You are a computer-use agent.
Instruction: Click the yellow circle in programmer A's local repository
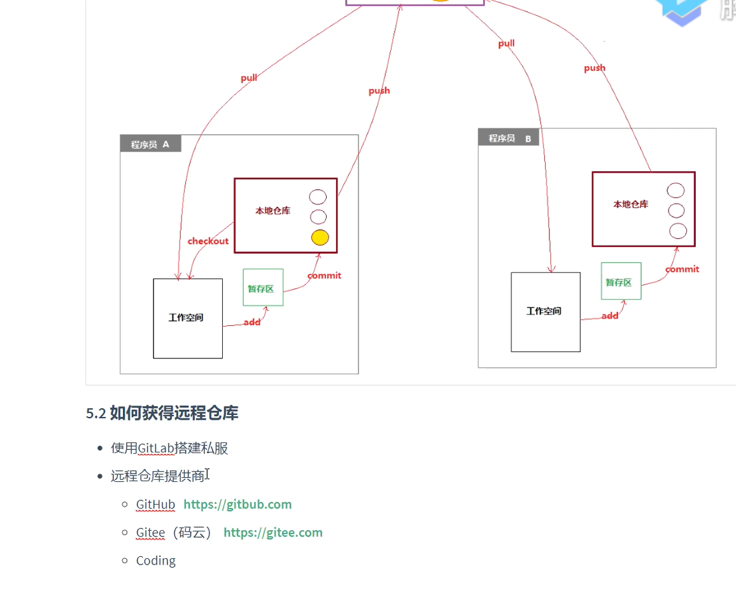tap(320, 237)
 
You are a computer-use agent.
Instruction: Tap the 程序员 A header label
tap(150, 144)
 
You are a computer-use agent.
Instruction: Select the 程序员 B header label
tap(509, 138)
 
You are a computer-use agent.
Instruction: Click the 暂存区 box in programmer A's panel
tap(262, 288)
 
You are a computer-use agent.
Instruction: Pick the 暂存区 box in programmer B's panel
tap(621, 281)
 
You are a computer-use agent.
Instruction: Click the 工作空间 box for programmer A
tap(188, 318)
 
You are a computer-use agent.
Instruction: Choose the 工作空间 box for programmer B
tap(546, 312)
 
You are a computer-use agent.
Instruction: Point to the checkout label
tap(208, 241)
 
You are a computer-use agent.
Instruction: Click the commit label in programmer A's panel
tap(324, 276)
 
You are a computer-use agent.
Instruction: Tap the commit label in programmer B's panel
tap(682, 269)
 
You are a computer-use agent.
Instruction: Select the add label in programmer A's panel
tap(252, 322)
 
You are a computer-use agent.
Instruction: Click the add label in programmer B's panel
tap(610, 316)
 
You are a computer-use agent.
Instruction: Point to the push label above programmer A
tap(379, 90)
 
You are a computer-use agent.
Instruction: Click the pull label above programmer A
tap(249, 78)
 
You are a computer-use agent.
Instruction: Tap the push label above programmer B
tap(595, 67)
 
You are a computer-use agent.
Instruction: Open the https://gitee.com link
tap(273, 533)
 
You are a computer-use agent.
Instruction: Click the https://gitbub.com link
tap(237, 505)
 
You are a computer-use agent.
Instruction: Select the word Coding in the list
tap(156, 561)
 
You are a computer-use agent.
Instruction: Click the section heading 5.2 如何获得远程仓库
tap(162, 413)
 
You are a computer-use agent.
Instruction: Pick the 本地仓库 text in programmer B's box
tap(630, 204)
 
